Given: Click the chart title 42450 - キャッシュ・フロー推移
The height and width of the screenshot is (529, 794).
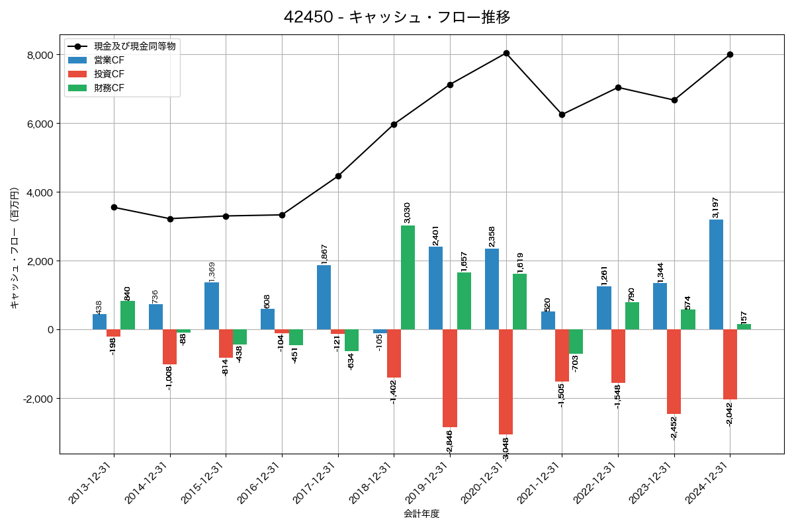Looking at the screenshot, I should point(397,17).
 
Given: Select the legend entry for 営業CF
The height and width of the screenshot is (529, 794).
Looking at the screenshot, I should point(109,60).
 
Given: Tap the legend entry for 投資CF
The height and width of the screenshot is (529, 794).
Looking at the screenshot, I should point(109,74).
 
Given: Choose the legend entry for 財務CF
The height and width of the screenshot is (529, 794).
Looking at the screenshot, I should point(109,88).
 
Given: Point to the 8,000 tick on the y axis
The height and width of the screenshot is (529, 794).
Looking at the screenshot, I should point(40,55).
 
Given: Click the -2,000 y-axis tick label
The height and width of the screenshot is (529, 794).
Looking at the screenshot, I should point(38,399).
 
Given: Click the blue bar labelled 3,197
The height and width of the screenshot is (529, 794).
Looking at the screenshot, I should point(716,274).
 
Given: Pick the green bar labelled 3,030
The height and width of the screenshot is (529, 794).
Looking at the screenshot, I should point(408,278).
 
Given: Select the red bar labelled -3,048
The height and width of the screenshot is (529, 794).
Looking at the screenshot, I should point(506,382).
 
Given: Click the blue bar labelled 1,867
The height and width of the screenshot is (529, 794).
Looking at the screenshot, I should point(324,298).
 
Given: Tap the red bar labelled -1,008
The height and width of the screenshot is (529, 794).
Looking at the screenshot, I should point(169,347).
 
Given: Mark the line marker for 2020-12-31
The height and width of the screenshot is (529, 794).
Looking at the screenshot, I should point(506,53).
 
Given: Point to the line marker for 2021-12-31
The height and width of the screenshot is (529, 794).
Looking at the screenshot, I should point(562,114).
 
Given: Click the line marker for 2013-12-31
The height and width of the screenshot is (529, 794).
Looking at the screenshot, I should point(114,207).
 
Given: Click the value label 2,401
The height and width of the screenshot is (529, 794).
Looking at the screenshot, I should point(436,235).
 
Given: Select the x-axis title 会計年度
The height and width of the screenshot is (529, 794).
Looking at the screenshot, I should point(421,514).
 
